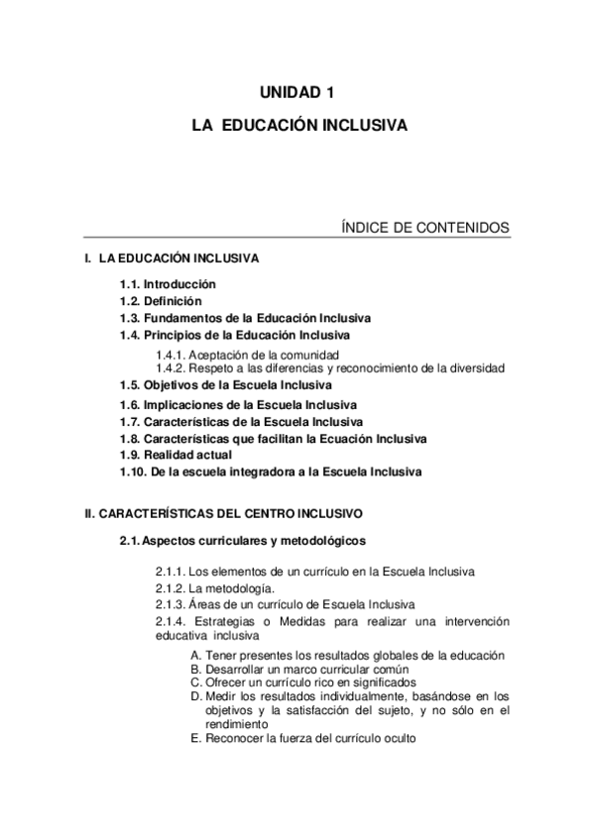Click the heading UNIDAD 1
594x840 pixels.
click(x=297, y=93)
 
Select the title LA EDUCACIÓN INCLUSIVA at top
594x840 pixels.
click(x=297, y=127)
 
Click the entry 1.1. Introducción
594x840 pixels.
click(x=168, y=284)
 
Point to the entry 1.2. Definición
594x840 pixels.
click(x=161, y=301)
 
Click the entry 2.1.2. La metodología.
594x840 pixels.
click(x=208, y=587)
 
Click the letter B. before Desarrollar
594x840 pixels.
click(x=196, y=670)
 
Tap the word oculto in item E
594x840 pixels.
click(x=397, y=738)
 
